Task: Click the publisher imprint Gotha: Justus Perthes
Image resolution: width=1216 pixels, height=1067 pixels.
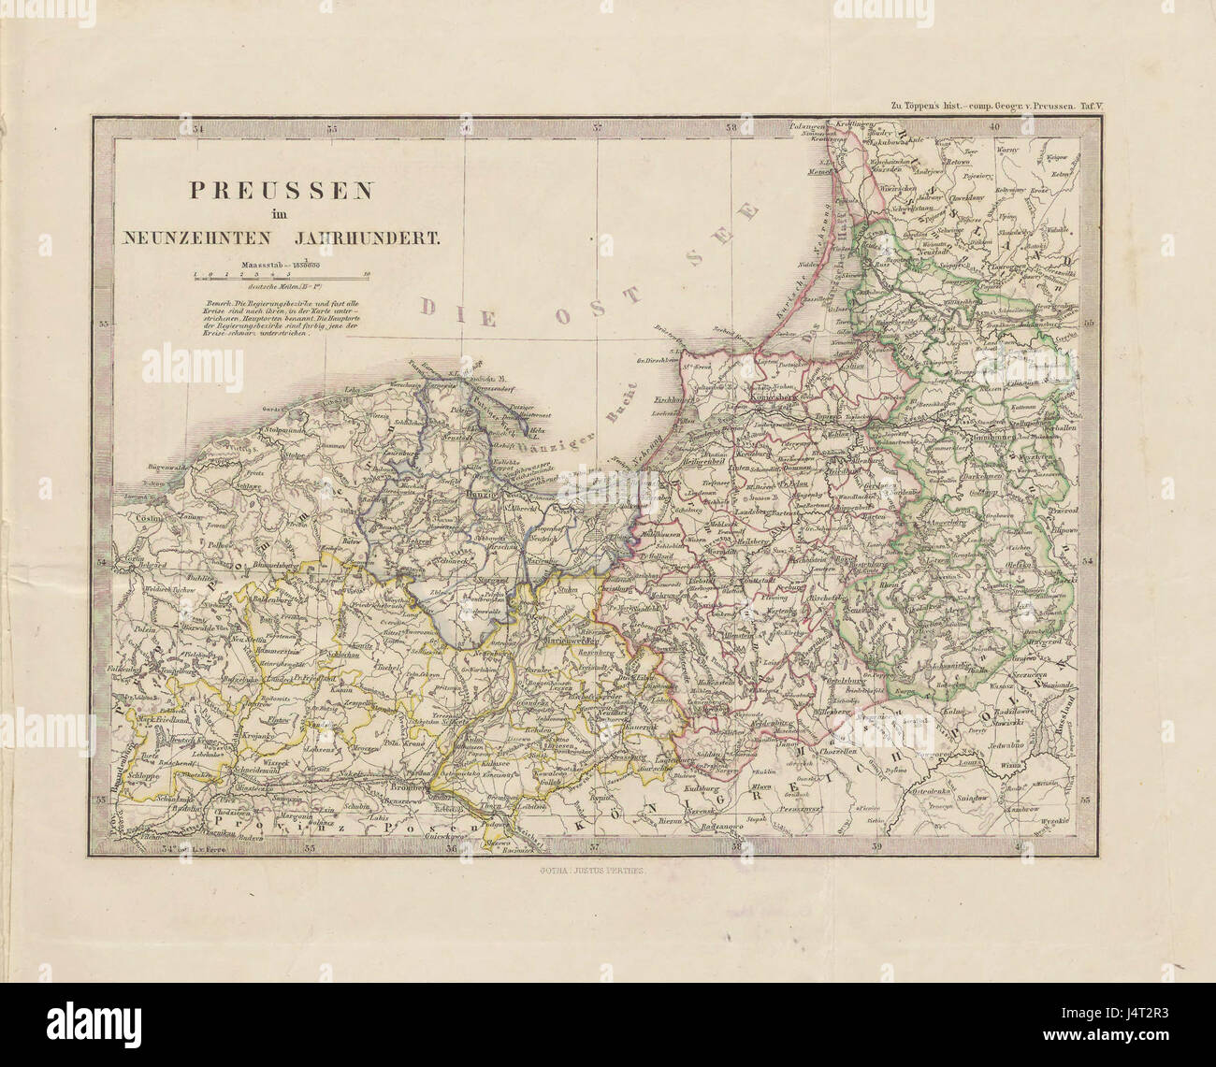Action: click(598, 869)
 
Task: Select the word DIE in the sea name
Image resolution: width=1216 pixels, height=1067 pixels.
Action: click(456, 306)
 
